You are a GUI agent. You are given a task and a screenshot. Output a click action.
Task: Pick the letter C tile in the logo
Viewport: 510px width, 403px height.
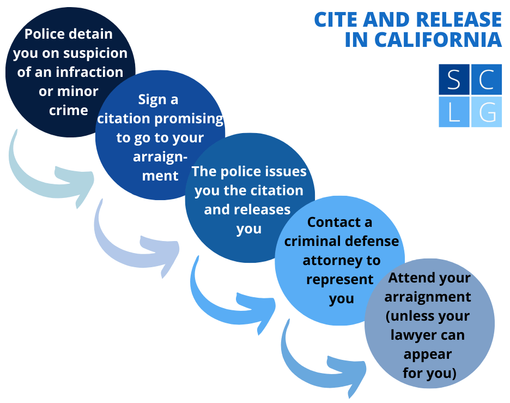(486, 80)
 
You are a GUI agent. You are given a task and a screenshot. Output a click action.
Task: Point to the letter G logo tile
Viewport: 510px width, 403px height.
(486, 112)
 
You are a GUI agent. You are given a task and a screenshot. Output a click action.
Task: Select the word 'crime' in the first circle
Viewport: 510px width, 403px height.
(69, 110)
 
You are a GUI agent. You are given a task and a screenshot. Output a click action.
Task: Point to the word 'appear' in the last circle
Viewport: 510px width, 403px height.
(428, 354)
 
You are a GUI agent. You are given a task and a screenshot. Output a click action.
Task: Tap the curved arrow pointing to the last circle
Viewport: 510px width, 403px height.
(321, 360)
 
